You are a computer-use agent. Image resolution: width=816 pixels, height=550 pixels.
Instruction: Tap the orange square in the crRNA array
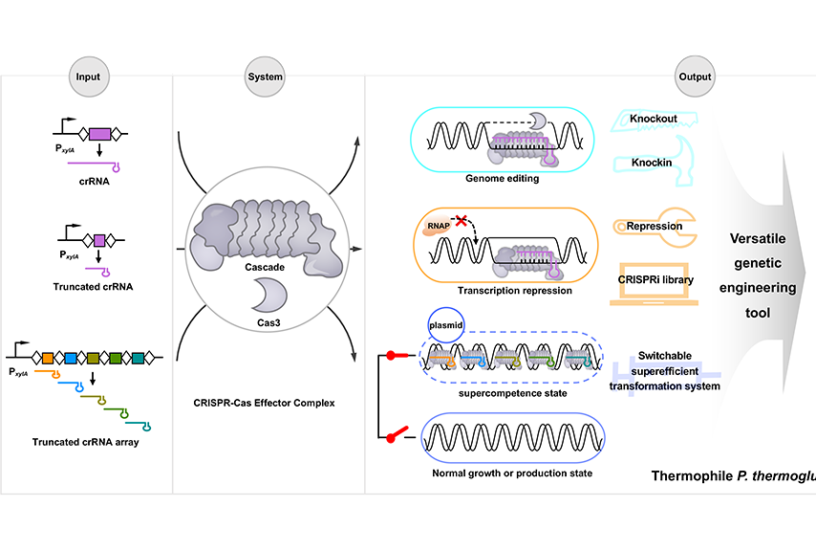tap(48, 358)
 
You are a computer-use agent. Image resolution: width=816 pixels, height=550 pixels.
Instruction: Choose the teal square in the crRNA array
tap(138, 358)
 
